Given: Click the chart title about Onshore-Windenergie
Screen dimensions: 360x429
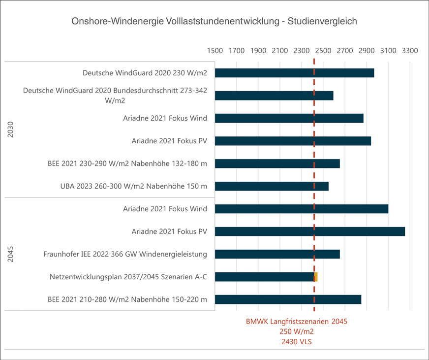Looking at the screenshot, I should (214, 21).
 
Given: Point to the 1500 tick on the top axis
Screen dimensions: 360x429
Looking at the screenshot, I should (215, 50).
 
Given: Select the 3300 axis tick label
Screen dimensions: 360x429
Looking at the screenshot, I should (410, 50).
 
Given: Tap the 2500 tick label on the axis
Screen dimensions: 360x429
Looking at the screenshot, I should (323, 50).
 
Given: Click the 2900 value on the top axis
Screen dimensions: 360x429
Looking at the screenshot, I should (367, 50).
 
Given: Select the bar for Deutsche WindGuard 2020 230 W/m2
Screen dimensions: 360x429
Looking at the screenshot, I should (294, 73).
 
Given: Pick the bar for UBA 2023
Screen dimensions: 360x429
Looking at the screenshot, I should (272, 186).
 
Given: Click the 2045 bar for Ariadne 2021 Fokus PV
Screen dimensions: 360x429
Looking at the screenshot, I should (310, 231).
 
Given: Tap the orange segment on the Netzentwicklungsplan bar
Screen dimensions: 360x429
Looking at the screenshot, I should (316, 277).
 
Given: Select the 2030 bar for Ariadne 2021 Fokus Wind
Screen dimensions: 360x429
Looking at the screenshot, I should (289, 118).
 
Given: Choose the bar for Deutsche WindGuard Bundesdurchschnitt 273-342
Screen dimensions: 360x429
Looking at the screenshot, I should (274, 96).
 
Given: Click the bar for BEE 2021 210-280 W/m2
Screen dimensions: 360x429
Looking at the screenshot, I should (288, 299).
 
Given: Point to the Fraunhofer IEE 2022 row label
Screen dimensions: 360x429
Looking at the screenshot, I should (125, 254).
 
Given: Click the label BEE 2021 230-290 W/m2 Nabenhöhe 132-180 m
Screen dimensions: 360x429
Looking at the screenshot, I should (127, 164).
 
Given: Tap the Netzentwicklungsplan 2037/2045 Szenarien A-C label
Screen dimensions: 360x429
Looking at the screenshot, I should (128, 277).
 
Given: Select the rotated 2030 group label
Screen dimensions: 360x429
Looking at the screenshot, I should (11, 130).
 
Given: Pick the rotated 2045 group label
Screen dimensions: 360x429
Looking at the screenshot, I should (11, 254).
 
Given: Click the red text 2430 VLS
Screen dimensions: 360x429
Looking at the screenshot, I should (297, 341).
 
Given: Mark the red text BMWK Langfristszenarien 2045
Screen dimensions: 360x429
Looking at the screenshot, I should (297, 322).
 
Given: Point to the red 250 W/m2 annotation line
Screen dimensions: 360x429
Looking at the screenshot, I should (297, 331).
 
